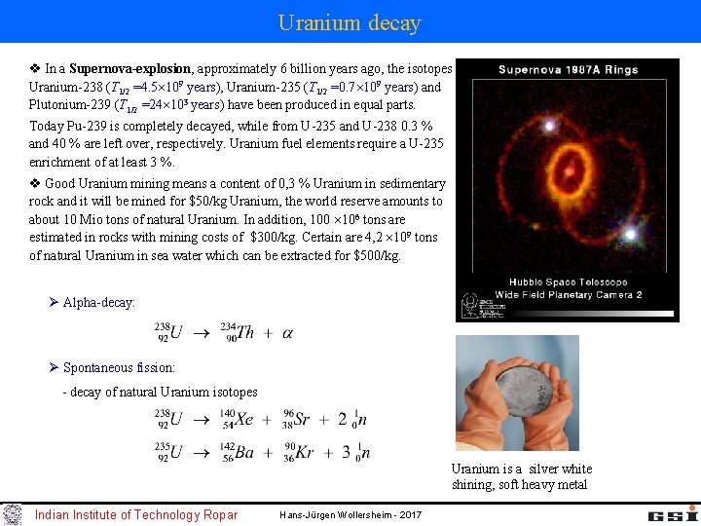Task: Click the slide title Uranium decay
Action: [x=350, y=22]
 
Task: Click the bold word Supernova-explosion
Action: [x=131, y=69]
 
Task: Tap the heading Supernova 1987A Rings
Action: [x=569, y=70]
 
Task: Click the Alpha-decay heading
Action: [x=98, y=303]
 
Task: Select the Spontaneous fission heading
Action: [x=119, y=368]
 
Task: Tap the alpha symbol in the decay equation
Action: [x=287, y=333]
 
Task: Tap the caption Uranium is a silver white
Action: [x=521, y=470]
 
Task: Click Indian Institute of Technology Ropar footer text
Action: [x=135, y=514]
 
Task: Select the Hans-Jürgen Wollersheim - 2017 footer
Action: [x=350, y=514]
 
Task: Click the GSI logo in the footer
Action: [x=668, y=513]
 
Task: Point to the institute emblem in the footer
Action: [x=13, y=513]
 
